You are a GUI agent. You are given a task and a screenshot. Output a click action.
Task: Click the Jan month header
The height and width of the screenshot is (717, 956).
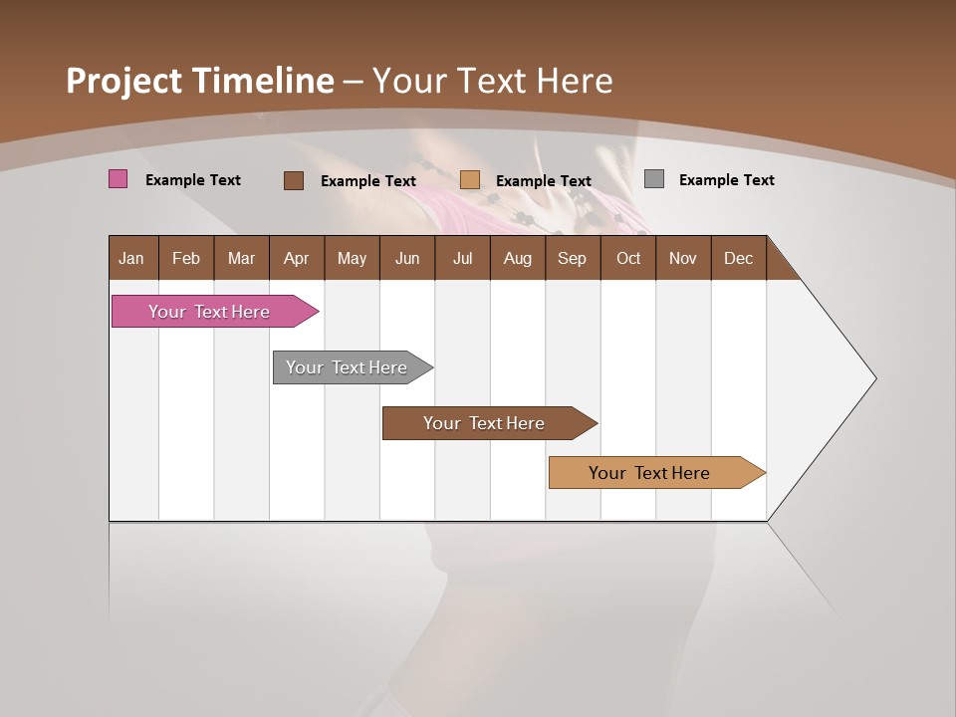coord(132,258)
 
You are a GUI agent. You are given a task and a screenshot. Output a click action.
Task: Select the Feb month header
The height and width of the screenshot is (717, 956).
coord(186,258)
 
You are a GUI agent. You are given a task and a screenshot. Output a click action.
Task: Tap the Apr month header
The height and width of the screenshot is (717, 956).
coord(297,258)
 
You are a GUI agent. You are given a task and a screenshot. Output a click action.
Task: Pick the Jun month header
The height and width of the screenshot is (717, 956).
coord(407,258)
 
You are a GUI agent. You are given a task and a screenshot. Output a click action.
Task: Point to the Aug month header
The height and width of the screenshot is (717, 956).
coord(518,258)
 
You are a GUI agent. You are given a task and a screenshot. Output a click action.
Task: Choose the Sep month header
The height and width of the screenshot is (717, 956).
coord(573,258)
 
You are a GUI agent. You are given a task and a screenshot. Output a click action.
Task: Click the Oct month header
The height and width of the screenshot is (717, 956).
coord(628,258)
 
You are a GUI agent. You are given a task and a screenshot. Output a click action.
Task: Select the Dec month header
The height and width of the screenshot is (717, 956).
coord(739,258)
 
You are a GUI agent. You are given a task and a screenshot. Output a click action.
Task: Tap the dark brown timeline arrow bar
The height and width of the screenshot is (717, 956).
coord(485,423)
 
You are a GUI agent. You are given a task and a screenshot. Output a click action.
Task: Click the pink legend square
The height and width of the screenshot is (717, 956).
coord(119,179)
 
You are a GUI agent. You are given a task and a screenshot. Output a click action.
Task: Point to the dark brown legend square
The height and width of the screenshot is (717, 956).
coord(294,180)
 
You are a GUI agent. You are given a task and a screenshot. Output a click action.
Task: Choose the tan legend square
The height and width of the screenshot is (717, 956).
coord(470,180)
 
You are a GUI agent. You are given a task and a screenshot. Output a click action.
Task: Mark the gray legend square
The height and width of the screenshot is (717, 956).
coord(654,179)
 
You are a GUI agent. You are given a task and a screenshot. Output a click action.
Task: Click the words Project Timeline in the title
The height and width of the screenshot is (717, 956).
coord(200,81)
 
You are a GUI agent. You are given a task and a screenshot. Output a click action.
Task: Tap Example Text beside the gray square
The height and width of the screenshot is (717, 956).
coord(727,180)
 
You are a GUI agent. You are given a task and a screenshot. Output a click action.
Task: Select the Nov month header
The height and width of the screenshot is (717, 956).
coord(683,258)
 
